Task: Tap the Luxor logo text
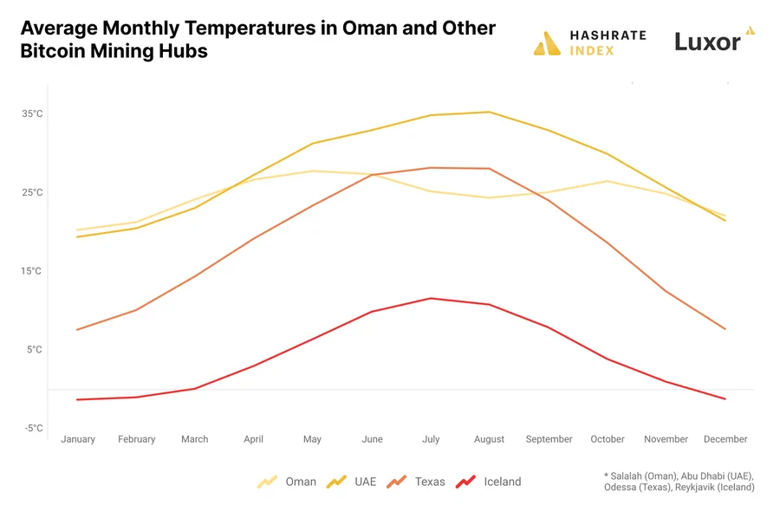point(708,42)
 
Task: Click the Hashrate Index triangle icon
point(547,43)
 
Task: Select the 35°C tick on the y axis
point(32,113)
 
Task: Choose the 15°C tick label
point(32,271)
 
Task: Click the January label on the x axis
point(78,439)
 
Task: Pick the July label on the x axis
point(431,439)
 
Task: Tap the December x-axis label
point(725,439)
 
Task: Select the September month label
point(549,439)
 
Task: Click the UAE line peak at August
point(490,112)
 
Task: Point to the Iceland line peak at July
point(431,298)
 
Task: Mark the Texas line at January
point(78,329)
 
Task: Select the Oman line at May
point(313,171)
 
